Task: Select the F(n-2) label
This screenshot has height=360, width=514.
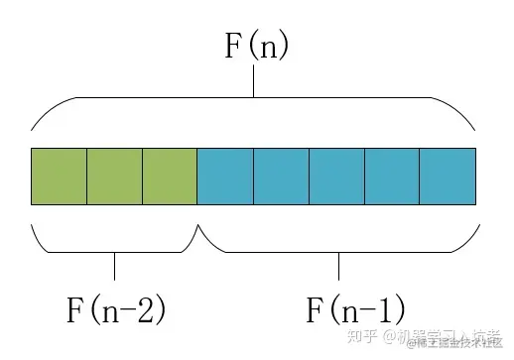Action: click(115, 309)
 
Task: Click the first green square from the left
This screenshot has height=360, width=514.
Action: click(59, 176)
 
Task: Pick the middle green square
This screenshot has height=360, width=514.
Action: click(114, 176)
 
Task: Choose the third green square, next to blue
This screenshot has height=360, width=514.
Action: click(170, 176)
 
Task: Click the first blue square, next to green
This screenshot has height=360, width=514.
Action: click(225, 176)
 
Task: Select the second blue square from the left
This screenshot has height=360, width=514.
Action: click(281, 176)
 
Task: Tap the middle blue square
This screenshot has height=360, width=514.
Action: click(336, 176)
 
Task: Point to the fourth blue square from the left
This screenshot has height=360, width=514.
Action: click(392, 176)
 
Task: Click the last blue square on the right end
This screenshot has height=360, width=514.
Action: click(448, 176)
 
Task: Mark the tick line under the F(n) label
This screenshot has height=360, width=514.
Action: click(254, 85)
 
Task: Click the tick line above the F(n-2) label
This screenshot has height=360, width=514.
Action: click(115, 266)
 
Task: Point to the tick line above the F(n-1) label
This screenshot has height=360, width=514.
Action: click(338, 266)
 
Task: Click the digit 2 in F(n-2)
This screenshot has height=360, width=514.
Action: click(147, 310)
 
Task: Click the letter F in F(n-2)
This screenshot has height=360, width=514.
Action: click(75, 310)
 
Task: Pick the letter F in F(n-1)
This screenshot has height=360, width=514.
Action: click(315, 310)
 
